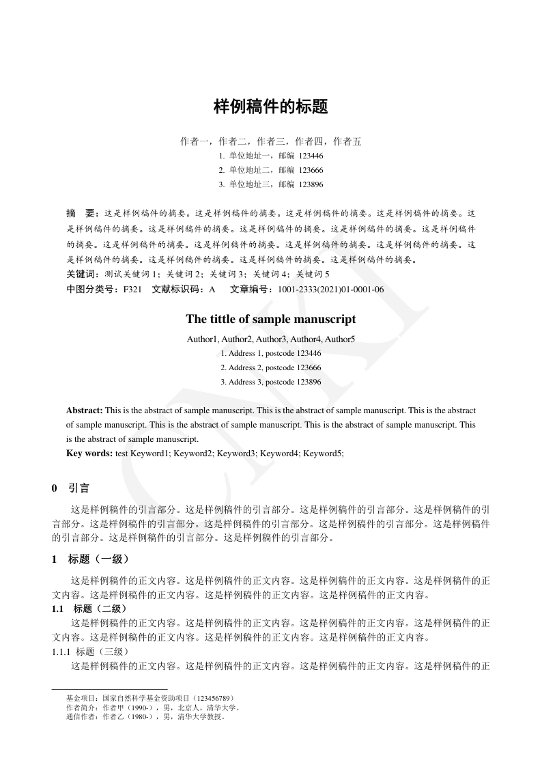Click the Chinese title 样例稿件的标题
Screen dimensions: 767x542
271,107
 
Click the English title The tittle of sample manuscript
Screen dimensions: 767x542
271,319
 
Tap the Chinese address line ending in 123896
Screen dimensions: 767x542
271,184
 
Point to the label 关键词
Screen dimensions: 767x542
81,274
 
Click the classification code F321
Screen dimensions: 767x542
132,290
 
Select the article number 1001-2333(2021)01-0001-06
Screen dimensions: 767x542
330,290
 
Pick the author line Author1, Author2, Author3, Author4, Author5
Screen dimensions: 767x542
271,339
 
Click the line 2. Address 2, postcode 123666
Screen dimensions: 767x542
271,367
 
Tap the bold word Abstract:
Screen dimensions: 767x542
85,410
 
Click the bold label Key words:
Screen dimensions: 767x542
89,453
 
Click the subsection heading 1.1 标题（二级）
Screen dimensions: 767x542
89,608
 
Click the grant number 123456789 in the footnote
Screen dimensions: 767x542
216,699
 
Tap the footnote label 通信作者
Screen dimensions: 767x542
81,717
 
